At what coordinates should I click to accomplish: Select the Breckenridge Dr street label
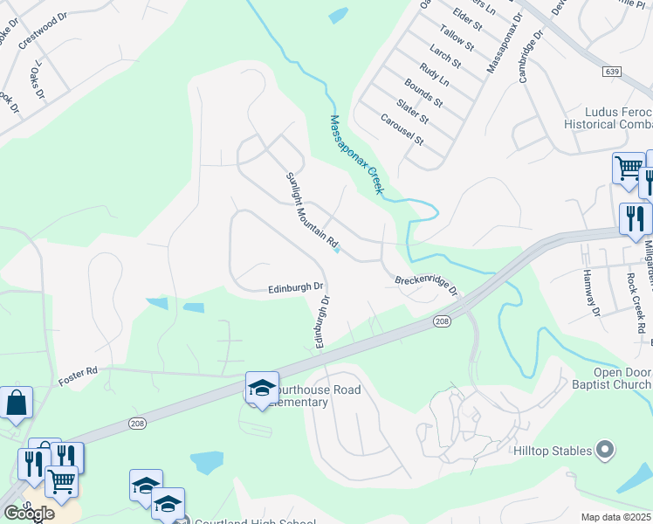tap(426, 286)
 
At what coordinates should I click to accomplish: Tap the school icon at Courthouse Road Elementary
tap(262, 389)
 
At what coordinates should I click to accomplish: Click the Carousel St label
tap(402, 129)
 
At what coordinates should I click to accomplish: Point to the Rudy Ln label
tap(434, 72)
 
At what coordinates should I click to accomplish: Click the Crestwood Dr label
tap(41, 31)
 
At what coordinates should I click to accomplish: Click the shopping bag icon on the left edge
tap(16, 403)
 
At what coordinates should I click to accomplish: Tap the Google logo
tap(29, 513)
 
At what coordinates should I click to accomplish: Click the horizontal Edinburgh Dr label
tap(296, 286)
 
